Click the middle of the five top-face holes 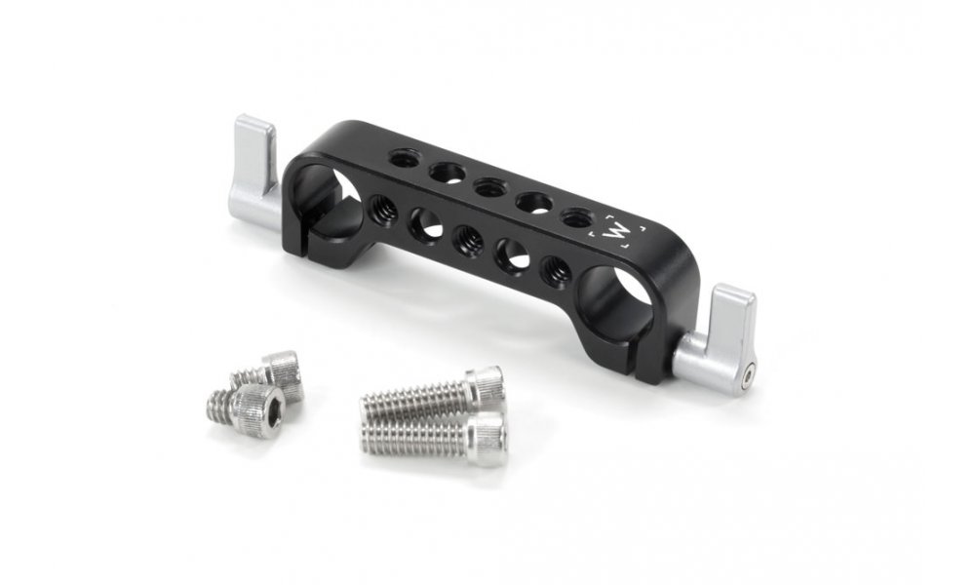click(487, 185)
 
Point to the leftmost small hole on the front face click(381, 205)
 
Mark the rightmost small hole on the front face click(553, 268)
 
